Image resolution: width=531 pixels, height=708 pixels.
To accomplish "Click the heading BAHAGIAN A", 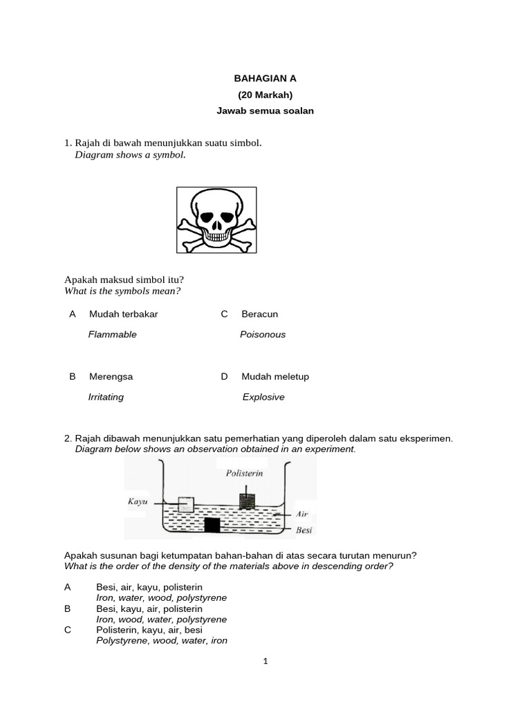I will click(265, 80).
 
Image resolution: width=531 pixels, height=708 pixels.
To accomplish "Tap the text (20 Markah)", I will click(265, 95).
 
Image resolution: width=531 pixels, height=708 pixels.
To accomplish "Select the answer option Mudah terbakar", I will click(123, 314).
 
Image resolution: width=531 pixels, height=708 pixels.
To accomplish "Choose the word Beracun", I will click(259, 314).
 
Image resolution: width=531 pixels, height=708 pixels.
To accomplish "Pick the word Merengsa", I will click(111, 377).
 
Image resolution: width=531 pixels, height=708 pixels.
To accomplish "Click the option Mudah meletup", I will click(275, 377).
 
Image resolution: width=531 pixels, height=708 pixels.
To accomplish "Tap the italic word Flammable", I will click(112, 335).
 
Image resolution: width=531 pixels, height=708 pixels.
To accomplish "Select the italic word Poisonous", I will click(263, 335).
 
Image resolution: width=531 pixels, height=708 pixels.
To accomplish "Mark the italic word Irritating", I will click(106, 398).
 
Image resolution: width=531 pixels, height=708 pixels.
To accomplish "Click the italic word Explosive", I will click(263, 398).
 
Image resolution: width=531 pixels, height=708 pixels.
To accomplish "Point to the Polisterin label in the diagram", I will click(244, 474).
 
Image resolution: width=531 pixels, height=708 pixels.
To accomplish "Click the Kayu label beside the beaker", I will click(138, 501).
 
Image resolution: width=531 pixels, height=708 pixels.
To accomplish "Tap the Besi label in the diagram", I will click(304, 531).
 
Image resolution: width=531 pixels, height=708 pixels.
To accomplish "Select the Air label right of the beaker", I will click(302, 514).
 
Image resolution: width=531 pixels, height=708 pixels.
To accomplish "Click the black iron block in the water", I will click(212, 525).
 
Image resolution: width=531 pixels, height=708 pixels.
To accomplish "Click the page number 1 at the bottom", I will click(265, 661).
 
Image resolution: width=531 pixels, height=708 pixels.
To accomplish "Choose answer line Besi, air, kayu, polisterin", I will click(149, 587).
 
